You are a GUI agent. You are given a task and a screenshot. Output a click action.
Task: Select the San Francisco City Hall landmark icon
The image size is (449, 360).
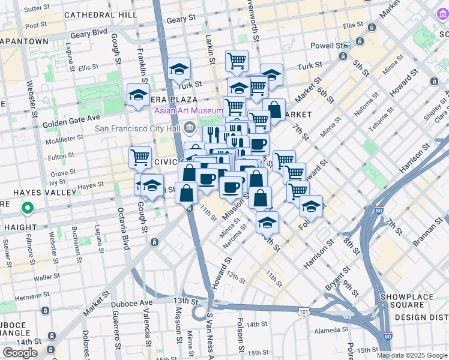(x=190, y=128)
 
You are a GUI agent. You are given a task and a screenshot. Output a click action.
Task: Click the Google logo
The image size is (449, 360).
(x=20, y=353)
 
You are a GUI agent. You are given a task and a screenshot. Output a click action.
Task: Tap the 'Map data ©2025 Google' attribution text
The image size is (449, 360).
(x=412, y=355)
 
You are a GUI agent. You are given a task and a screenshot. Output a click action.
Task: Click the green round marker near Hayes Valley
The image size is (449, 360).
(x=27, y=209)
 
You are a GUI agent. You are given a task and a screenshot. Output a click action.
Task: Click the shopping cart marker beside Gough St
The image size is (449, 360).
(x=140, y=157)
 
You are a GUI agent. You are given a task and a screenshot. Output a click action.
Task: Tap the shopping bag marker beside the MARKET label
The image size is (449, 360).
(x=274, y=110)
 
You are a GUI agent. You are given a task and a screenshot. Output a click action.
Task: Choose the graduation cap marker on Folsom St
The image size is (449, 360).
(x=311, y=206)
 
